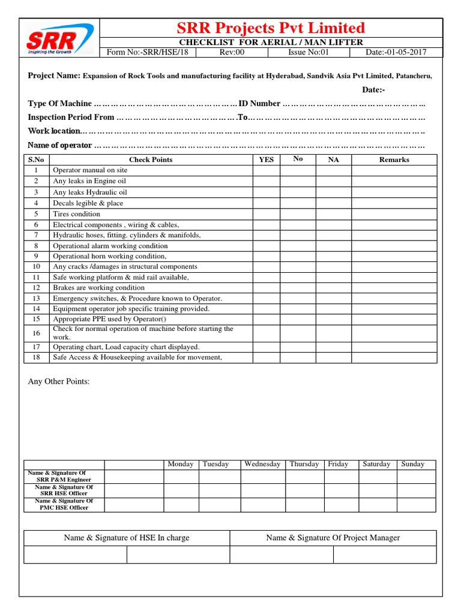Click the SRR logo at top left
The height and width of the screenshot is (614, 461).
pyautogui.click(x=59, y=38)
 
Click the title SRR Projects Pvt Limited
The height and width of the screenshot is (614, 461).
pyautogui.click(x=270, y=28)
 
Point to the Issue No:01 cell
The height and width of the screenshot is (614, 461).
pyautogui.click(x=309, y=52)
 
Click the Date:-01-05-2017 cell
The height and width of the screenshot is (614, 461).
pyautogui.click(x=396, y=52)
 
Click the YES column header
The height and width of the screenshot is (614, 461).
pyautogui.click(x=266, y=159)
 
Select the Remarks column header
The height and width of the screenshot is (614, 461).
pyautogui.click(x=394, y=159)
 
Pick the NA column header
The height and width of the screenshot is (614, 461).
pyautogui.click(x=333, y=159)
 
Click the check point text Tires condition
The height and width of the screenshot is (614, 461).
pyautogui.click(x=77, y=214)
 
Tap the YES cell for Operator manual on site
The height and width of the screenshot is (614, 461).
pyautogui.click(x=266, y=170)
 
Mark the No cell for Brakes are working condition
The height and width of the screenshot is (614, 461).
pyautogui.click(x=298, y=288)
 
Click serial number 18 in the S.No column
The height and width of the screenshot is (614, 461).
pyautogui.click(x=36, y=357)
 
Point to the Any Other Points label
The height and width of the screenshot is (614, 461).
pyautogui.click(x=59, y=381)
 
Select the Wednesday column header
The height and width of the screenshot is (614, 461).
pyautogui.click(x=262, y=464)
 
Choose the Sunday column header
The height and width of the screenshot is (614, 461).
pyautogui.click(x=412, y=464)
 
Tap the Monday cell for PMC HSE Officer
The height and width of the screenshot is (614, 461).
pyautogui.click(x=180, y=504)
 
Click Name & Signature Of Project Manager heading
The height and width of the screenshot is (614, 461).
pyautogui.click(x=333, y=538)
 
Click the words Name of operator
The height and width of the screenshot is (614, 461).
pyautogui.click(x=60, y=146)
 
